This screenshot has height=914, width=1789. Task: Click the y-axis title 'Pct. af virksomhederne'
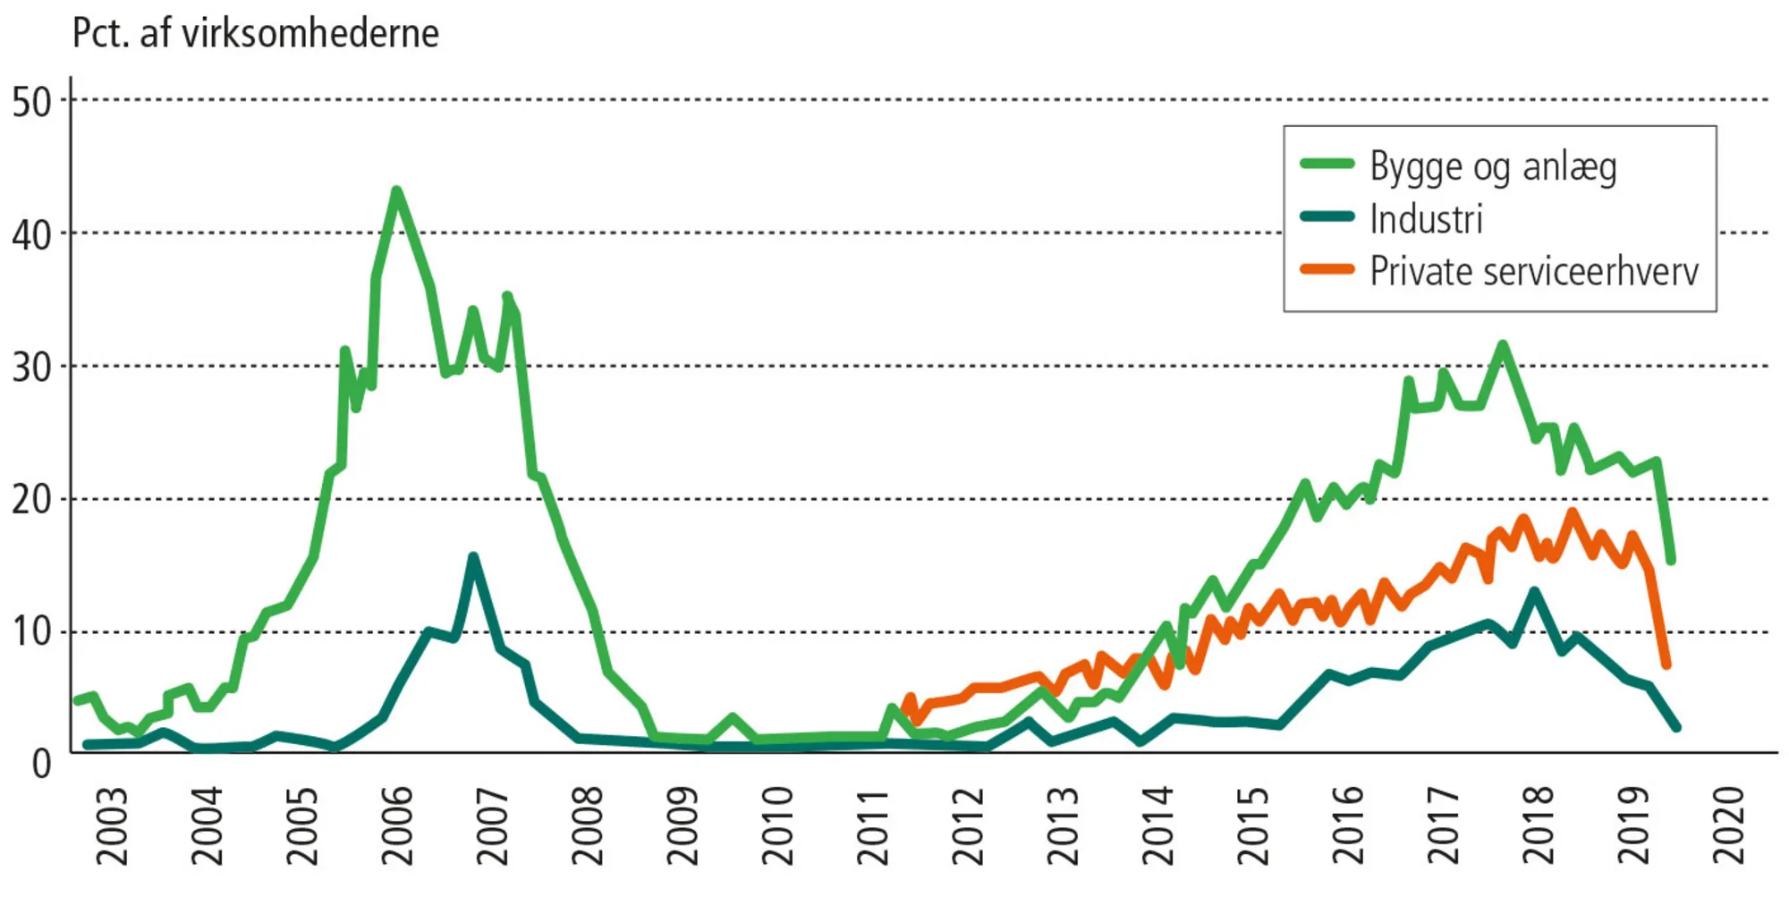[x=256, y=34]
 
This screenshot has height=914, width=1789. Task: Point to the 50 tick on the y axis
[x=32, y=102]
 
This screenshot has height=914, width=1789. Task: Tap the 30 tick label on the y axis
[x=32, y=367]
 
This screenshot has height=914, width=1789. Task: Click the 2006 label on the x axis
[x=397, y=825]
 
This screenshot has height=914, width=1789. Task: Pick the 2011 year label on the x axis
[x=872, y=825]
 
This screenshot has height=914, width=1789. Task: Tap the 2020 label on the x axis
[x=1728, y=825]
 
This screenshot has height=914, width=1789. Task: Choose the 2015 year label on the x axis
[x=1252, y=825]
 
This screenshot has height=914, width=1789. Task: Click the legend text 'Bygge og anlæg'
[x=1493, y=167]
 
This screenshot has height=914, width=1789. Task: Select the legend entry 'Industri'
[x=1426, y=219]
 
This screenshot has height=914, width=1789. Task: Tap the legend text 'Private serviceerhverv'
[x=1533, y=271]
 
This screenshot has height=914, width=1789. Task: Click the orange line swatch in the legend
[x=1327, y=269]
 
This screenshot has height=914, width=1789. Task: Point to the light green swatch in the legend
[x=1327, y=164]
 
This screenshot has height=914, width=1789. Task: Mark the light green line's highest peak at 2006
[x=396, y=190]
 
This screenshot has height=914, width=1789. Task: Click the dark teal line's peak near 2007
[x=473, y=557]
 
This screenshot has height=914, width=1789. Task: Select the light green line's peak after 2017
[x=1503, y=344]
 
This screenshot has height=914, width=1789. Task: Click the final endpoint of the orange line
[x=1666, y=664]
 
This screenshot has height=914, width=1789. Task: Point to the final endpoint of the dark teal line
[x=1676, y=727]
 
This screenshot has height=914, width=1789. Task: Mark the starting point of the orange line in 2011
[x=906, y=711]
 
